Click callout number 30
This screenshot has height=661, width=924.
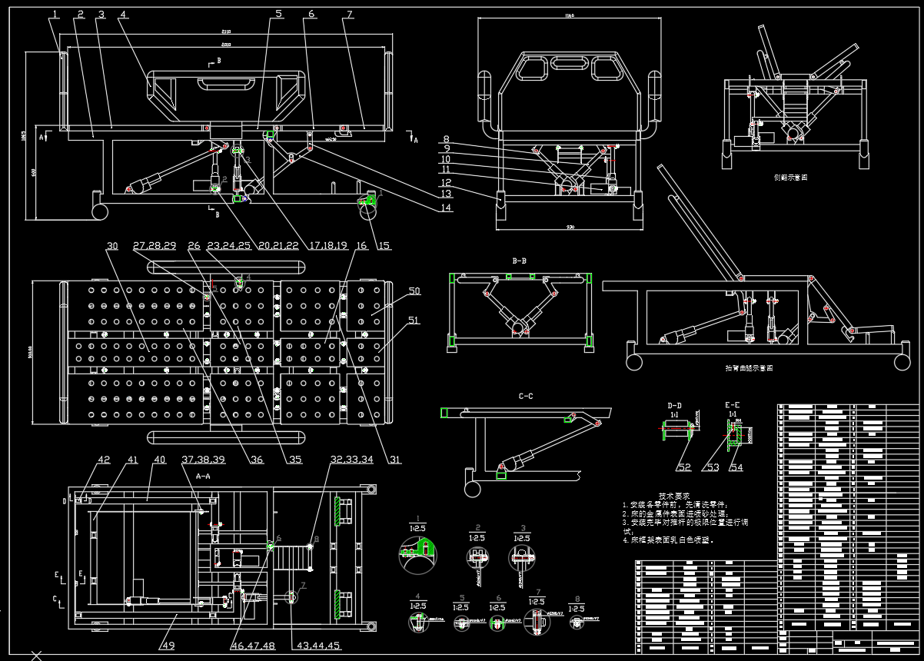pos(112,246)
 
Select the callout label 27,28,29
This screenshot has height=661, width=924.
pos(155,246)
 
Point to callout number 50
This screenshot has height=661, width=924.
pos(414,291)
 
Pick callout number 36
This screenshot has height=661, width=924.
pos(257,460)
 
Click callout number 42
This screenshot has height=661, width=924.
pos(103,460)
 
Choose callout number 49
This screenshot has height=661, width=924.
pos(168,646)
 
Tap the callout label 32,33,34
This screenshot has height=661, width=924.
pos(352,460)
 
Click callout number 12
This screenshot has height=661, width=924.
pos(446,183)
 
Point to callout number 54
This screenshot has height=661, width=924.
pos(736,467)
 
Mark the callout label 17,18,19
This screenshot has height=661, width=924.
pos(327,246)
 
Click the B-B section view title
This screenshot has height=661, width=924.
pos(520,261)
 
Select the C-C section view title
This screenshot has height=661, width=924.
pos(526,397)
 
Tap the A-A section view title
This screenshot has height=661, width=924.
pos(203,476)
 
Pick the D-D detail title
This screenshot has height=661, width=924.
pos(674,405)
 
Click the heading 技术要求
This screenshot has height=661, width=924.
pos(673,496)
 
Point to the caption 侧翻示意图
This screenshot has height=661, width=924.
pos(790,177)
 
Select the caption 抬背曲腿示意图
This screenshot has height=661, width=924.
pos(749,368)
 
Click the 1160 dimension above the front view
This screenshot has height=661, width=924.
pos(569,15)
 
